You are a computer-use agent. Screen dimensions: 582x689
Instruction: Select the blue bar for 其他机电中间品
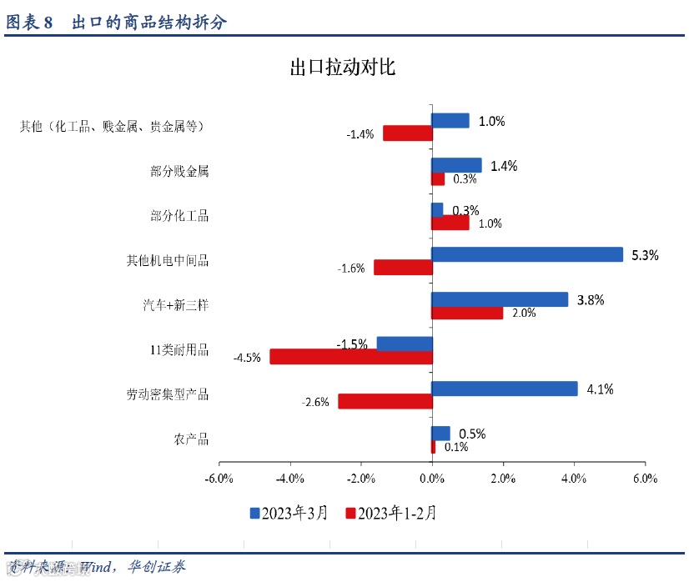[527, 254]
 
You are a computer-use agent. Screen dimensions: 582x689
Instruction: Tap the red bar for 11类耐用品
[351, 357]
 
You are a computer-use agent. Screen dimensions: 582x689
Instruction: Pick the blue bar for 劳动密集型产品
[505, 389]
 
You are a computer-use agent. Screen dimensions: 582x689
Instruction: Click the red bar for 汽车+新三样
[467, 313]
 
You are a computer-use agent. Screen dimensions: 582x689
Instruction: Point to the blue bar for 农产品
[440, 434]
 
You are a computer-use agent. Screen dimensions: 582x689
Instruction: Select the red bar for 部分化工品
[450, 223]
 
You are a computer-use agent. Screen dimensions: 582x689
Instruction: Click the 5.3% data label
[645, 255]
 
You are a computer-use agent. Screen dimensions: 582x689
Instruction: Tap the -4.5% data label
[248, 358]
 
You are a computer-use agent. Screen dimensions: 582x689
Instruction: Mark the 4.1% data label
[600, 389]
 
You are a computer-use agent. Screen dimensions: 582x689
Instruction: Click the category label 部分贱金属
[179, 172]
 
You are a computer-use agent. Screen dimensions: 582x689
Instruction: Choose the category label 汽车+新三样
[175, 305]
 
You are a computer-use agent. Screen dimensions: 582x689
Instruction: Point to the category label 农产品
[192, 439]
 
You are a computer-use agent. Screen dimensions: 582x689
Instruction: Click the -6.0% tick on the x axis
[219, 479]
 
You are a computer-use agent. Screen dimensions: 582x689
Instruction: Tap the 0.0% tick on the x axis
[432, 479]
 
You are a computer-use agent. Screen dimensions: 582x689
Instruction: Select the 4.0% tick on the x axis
[574, 479]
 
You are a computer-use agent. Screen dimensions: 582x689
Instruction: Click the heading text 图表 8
[29, 23]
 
